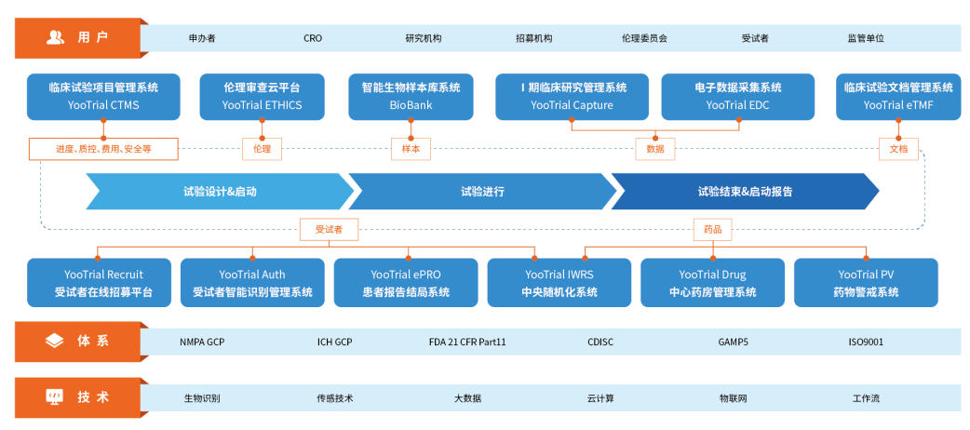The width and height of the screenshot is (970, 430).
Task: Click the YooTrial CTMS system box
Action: (x=103, y=97)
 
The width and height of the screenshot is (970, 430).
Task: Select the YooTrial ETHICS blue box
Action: (x=263, y=97)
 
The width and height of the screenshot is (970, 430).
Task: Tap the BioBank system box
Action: (x=411, y=97)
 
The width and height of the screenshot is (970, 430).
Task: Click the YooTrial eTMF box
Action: (x=898, y=97)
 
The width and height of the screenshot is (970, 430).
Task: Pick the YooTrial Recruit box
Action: (x=99, y=282)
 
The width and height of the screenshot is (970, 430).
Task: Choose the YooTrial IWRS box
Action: (x=559, y=282)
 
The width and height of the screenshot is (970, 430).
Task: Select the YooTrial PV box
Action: (x=866, y=282)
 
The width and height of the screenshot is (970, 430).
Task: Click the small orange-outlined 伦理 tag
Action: (x=262, y=149)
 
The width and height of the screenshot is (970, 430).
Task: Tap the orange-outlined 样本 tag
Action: (x=411, y=149)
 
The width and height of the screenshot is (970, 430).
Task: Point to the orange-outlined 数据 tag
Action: (x=655, y=149)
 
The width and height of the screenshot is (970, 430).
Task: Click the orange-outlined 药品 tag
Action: (x=713, y=230)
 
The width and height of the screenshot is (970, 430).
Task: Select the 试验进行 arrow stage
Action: (x=482, y=192)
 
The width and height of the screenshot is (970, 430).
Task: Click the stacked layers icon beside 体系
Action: (x=55, y=341)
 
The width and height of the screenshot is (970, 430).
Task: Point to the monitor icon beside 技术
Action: (x=55, y=397)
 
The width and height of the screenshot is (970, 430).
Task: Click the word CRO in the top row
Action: (x=313, y=38)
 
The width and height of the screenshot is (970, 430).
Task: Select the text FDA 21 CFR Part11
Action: (x=467, y=342)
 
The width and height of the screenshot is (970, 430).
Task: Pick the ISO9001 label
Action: (x=866, y=342)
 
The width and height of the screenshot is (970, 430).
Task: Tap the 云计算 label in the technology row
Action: (x=600, y=398)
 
